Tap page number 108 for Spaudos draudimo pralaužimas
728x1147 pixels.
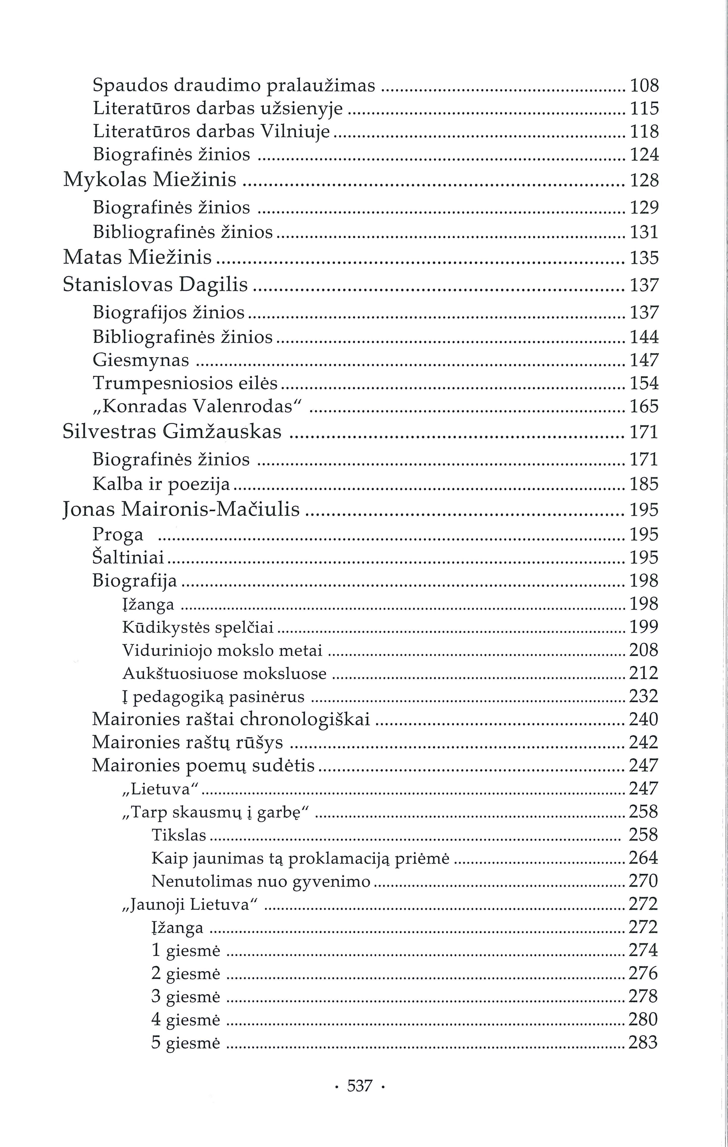(x=644, y=86)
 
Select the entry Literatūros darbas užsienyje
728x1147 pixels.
(x=218, y=109)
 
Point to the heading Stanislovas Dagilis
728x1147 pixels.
(x=155, y=285)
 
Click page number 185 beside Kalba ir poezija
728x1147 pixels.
(x=644, y=484)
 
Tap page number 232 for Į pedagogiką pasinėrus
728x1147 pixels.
(x=644, y=696)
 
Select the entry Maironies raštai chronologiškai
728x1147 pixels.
(x=231, y=719)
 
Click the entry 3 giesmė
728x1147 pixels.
(x=186, y=996)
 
